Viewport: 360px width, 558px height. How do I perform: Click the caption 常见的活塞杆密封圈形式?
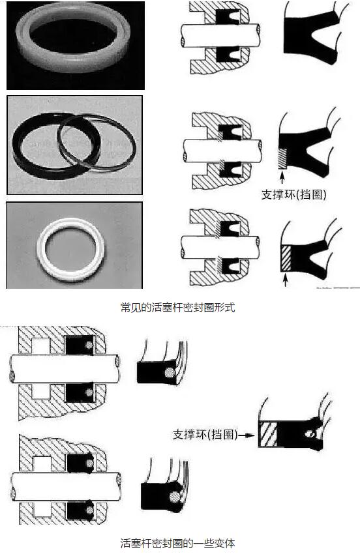click(x=177, y=307)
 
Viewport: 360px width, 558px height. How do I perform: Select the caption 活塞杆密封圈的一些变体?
click(x=177, y=543)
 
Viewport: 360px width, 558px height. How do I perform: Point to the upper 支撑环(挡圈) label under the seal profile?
click(x=293, y=195)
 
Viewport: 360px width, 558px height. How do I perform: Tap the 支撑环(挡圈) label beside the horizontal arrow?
click(x=205, y=435)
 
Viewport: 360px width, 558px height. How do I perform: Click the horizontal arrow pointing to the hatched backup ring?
click(x=247, y=435)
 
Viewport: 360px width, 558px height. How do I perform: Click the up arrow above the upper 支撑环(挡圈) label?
click(x=282, y=177)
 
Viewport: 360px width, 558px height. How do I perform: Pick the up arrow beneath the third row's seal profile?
click(x=285, y=280)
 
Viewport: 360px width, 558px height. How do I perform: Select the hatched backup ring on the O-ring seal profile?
click(x=268, y=433)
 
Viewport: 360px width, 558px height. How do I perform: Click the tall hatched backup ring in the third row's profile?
click(x=286, y=258)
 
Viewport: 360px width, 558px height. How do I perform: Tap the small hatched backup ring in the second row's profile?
click(x=282, y=158)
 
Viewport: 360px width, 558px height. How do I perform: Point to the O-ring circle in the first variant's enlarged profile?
click(x=170, y=373)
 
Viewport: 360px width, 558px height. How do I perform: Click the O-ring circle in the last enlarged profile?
click(x=175, y=497)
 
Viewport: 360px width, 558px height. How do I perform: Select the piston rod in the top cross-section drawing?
click(x=220, y=35)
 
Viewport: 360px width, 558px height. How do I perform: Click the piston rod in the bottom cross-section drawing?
click(x=66, y=486)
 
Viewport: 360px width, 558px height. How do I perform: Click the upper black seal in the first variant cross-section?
click(x=80, y=345)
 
